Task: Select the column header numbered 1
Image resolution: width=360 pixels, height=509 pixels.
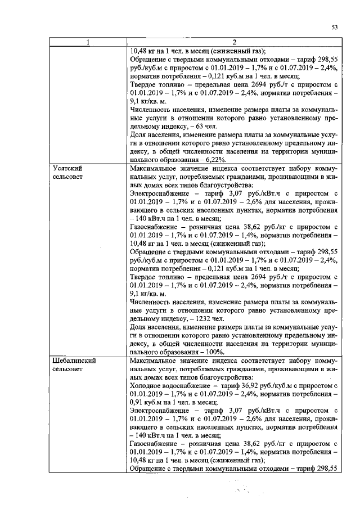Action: click(88, 42)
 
